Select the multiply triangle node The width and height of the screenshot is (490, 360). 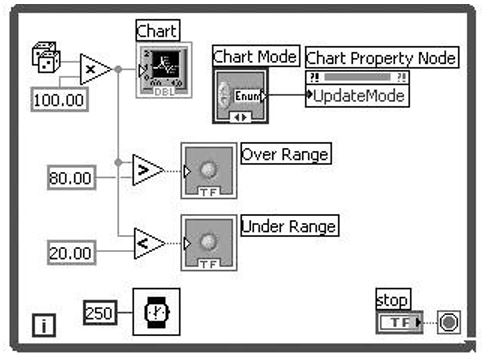pyautogui.click(x=94, y=70)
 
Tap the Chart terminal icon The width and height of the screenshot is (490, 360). pyautogui.click(x=158, y=70)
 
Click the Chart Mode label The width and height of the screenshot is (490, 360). pyautogui.click(x=254, y=57)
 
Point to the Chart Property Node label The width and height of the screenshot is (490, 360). pyautogui.click(x=380, y=59)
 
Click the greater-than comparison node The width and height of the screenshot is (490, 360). pyautogui.click(x=147, y=170)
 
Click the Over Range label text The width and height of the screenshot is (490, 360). pyautogui.click(x=286, y=154)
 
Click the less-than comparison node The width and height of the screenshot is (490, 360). pyautogui.click(x=147, y=242)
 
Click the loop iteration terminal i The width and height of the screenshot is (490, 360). pyautogui.click(x=46, y=324)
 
